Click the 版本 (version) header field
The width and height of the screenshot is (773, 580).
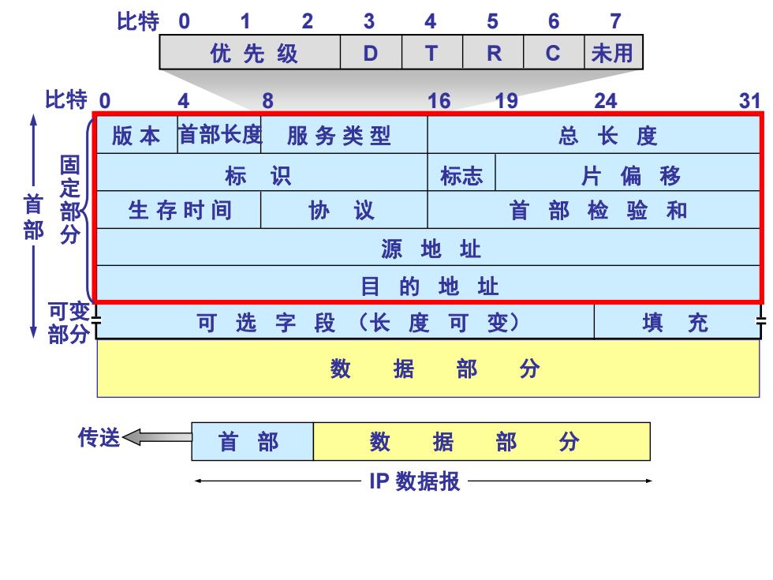pos(136,135)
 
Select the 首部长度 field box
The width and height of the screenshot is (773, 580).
pos(219,135)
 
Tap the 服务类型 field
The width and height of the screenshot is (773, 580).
pos(344,135)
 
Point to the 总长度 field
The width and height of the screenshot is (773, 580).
pos(593,135)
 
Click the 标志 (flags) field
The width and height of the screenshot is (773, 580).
pos(461,172)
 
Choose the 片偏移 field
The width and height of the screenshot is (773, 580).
pos(628,172)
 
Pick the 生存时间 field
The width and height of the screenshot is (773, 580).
pos(178,210)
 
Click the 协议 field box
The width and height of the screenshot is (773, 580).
pos(344,210)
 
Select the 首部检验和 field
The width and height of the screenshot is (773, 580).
pos(593,210)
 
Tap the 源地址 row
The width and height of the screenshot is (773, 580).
pos(428,247)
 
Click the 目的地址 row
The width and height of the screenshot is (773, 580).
pos(428,284)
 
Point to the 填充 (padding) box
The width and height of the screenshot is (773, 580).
pos(677,322)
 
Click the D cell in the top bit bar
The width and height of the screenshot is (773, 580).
pos(371,52)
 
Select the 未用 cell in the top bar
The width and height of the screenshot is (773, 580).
pos(614,52)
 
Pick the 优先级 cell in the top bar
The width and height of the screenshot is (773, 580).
pos(250,52)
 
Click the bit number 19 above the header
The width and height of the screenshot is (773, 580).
pos(506,101)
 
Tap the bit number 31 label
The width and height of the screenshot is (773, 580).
pos(749,101)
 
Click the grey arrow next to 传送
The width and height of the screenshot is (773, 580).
pos(157,437)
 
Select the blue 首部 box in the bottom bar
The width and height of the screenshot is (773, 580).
pos(252,441)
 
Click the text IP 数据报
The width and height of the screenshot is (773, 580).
pos(415,481)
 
